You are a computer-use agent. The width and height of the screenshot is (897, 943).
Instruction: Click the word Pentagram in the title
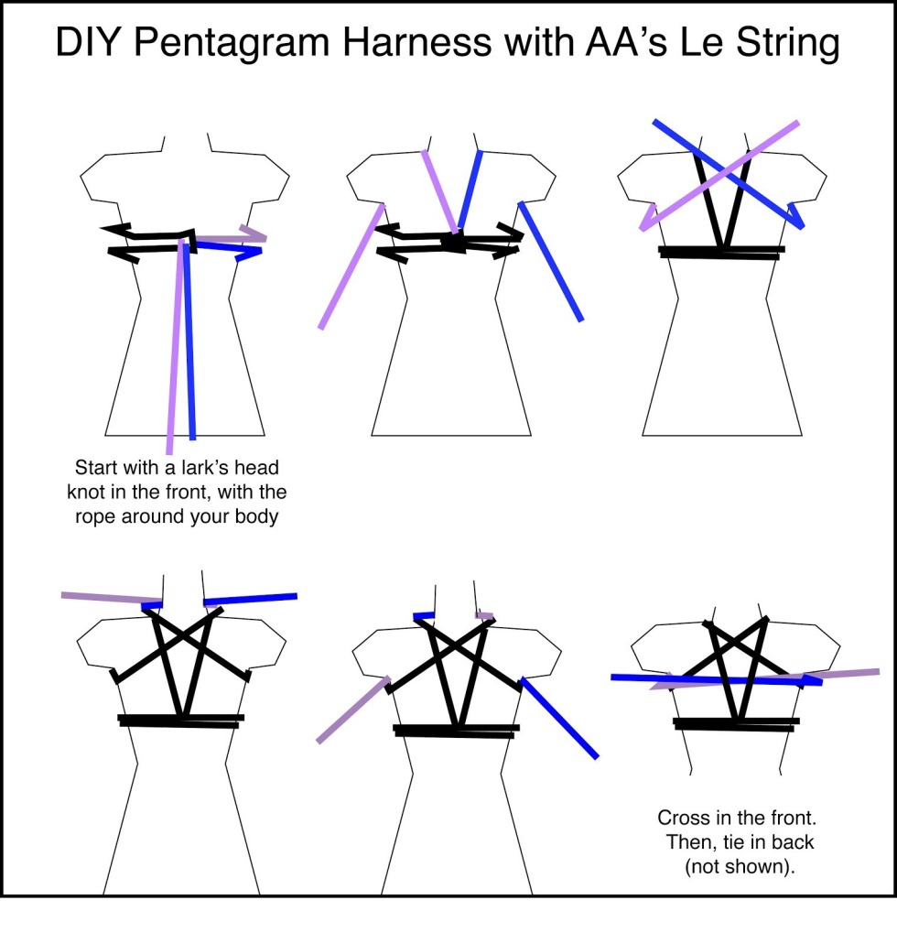(x=232, y=44)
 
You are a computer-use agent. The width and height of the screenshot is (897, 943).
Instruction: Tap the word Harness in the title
(x=417, y=42)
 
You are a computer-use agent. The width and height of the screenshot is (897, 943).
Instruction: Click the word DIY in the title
(x=88, y=42)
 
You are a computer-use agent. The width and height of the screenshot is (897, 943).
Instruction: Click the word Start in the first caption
(x=96, y=467)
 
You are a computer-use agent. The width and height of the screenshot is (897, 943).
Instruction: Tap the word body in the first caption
(x=256, y=516)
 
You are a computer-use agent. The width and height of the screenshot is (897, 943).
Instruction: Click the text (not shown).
(x=740, y=867)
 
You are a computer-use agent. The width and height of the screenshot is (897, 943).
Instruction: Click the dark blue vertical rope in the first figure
(x=189, y=340)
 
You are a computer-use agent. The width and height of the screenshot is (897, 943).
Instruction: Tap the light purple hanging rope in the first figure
(x=175, y=346)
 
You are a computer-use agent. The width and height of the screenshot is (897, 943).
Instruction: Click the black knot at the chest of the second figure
(x=454, y=242)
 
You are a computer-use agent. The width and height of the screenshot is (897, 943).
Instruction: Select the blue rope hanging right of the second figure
(x=550, y=262)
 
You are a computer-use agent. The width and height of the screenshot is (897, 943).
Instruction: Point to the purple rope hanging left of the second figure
(x=351, y=266)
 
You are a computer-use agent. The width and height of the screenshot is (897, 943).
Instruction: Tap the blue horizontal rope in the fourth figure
(x=250, y=599)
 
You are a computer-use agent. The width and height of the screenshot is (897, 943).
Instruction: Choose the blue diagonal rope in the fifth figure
(x=559, y=718)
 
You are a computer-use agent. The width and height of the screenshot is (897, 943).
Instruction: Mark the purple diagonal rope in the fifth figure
(x=353, y=710)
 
